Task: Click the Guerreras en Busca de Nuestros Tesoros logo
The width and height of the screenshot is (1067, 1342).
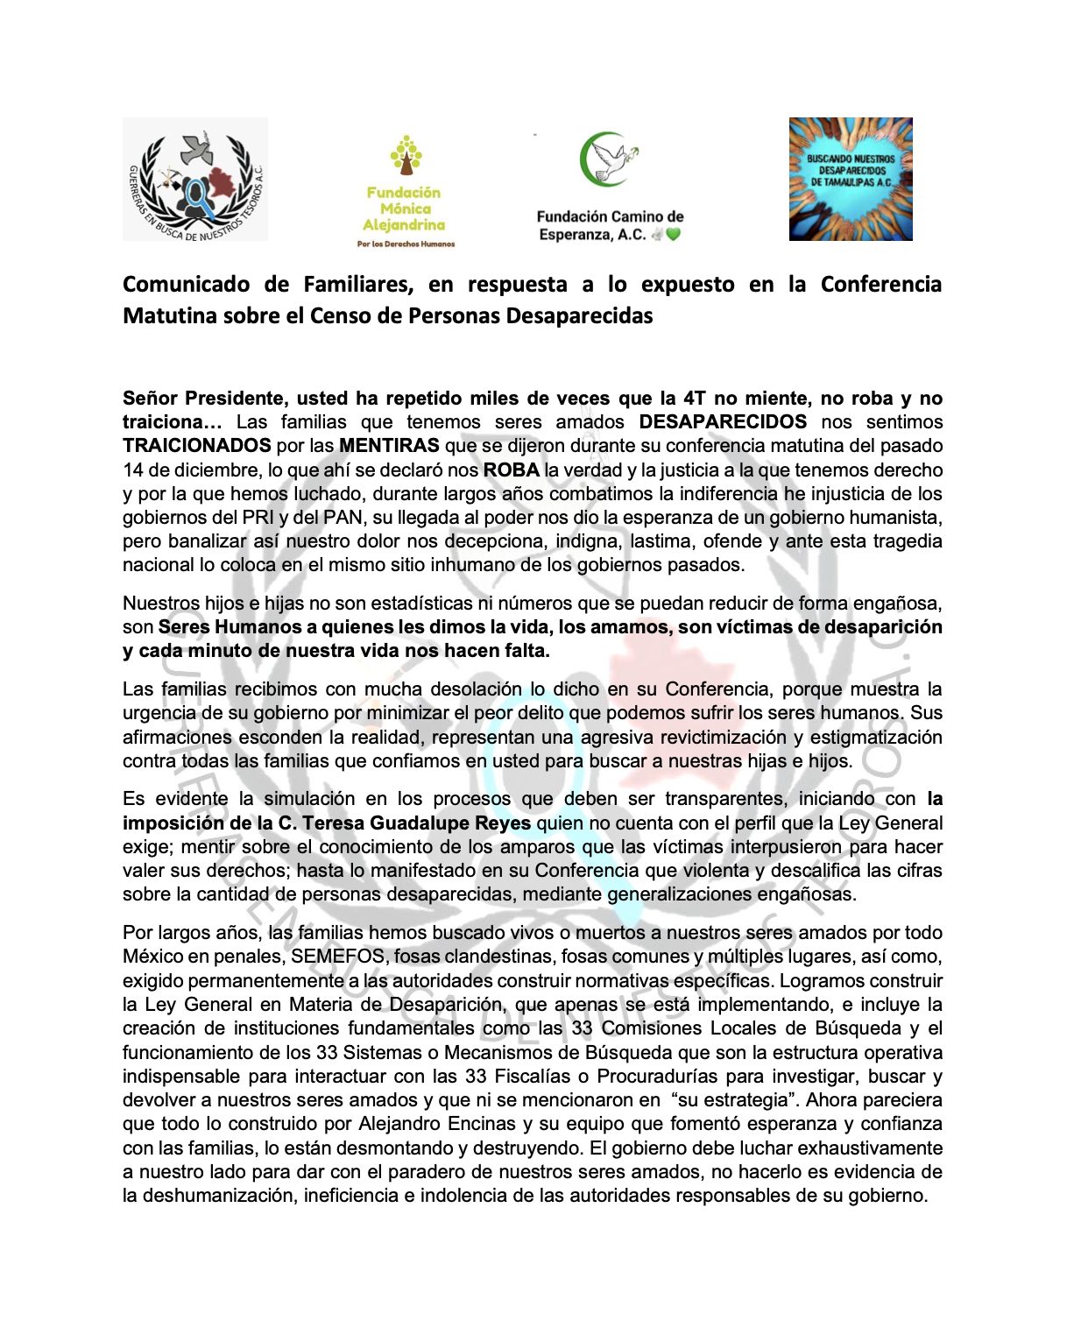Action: [x=195, y=179]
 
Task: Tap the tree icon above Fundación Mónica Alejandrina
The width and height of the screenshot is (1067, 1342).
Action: [x=406, y=155]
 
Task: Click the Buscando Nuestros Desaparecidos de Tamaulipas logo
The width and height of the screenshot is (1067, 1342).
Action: [x=851, y=179]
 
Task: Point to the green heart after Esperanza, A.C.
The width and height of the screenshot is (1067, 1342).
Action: [x=673, y=235]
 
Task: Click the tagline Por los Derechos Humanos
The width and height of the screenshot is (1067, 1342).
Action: [x=406, y=244]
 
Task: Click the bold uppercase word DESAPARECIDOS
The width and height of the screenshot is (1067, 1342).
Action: [x=723, y=422]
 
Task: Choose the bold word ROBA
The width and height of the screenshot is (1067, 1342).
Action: [x=511, y=470]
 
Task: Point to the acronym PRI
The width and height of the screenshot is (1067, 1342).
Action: [x=258, y=518]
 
